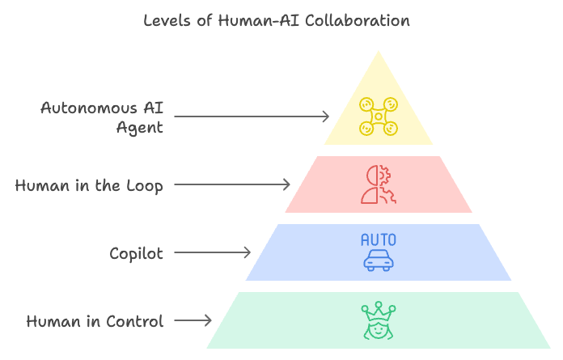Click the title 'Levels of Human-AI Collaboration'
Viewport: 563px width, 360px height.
tap(277, 21)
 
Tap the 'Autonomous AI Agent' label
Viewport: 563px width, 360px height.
tap(102, 117)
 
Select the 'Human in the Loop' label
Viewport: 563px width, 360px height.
tap(89, 186)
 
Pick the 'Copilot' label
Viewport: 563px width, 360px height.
tap(136, 254)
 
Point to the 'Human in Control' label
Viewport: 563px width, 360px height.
tap(95, 322)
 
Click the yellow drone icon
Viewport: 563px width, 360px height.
tap(379, 116)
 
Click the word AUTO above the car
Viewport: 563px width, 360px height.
tap(379, 240)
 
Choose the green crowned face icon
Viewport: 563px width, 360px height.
tap(379, 321)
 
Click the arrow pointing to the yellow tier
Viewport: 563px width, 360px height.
tap(252, 117)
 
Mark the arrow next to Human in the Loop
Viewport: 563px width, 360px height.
tap(232, 185)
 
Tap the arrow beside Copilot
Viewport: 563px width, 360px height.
tap(213, 253)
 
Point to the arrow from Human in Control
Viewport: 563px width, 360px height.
tap(193, 321)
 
